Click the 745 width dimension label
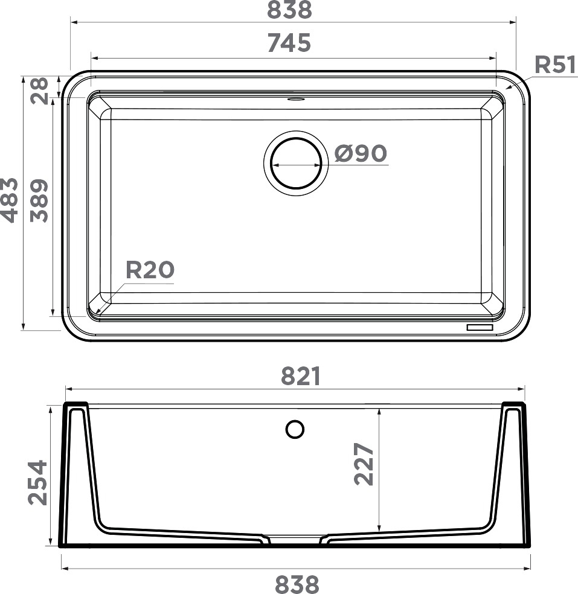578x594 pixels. click(x=289, y=43)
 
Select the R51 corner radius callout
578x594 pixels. click(x=556, y=65)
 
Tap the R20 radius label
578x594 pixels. click(x=150, y=270)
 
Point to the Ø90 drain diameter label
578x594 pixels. click(x=361, y=153)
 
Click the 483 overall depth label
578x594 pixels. click(x=10, y=200)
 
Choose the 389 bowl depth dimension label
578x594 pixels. click(x=39, y=201)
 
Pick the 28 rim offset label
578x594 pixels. click(x=39, y=91)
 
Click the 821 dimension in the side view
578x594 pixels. click(x=301, y=376)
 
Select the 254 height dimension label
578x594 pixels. click(x=38, y=483)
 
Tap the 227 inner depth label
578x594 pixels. click(x=364, y=464)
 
